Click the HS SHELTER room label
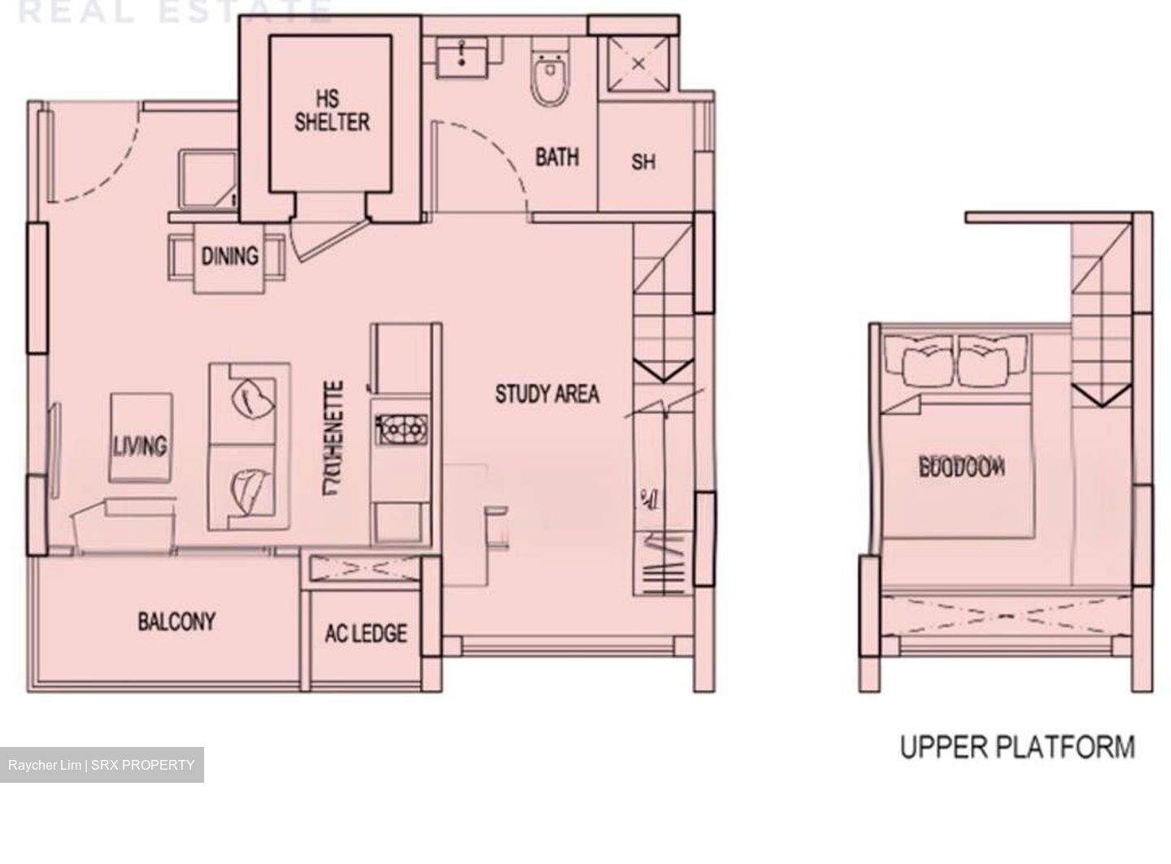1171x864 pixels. pos(331,111)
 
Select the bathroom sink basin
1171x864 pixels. pos(462,57)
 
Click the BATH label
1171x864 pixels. pos(557,157)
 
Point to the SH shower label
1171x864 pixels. pos(642,162)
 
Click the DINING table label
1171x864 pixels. pos(229,257)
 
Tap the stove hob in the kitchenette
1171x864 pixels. pos(400,428)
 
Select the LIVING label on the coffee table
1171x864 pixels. pos(140,445)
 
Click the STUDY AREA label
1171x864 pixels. pos(547,395)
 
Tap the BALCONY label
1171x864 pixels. pos(176,623)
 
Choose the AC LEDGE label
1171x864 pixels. pos(366,633)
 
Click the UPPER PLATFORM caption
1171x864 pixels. pos(1016,746)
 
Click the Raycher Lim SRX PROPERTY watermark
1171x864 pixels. pos(102,765)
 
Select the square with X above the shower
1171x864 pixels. pos(638,64)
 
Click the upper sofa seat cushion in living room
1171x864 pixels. pos(250,399)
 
